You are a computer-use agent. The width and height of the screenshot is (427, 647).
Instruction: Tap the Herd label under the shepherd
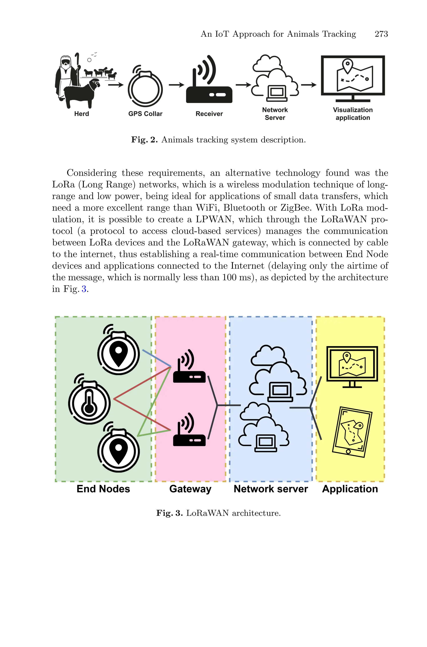tap(82, 114)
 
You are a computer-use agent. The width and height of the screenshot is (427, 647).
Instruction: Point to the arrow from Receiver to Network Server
tap(243, 85)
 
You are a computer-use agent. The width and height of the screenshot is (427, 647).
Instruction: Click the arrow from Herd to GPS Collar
tap(116, 85)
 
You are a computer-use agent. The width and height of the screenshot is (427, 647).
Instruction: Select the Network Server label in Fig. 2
tap(275, 114)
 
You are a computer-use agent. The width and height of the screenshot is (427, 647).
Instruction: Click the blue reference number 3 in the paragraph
tap(84, 289)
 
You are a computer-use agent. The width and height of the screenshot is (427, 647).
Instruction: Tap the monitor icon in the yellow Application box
tap(352, 366)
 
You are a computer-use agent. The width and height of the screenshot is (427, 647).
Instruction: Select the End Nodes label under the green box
tap(103, 489)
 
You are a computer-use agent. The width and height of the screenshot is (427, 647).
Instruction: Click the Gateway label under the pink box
tap(190, 489)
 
